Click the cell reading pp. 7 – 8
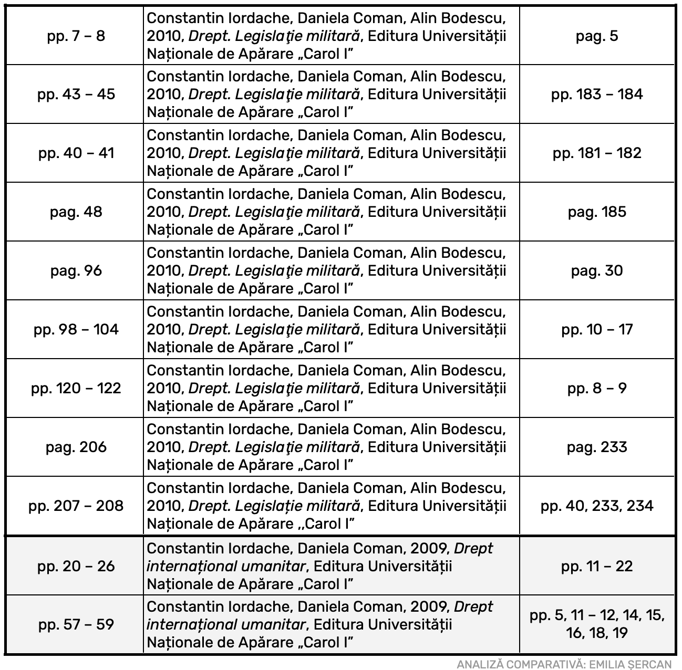click(76, 36)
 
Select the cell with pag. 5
click(597, 36)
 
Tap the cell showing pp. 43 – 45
click(76, 95)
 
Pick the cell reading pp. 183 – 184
click(597, 95)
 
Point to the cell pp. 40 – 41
click(76, 153)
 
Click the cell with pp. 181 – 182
click(597, 153)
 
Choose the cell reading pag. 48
click(76, 212)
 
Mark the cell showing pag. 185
click(597, 212)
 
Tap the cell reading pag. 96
click(76, 271)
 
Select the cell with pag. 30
click(597, 271)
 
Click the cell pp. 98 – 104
click(76, 330)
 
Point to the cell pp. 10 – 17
click(597, 330)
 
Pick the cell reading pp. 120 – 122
click(76, 389)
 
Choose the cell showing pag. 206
click(76, 447)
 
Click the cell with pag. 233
click(597, 447)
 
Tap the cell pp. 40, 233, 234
click(597, 506)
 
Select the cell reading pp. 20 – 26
click(76, 567)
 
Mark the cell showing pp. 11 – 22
click(597, 567)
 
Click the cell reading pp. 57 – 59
click(76, 625)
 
